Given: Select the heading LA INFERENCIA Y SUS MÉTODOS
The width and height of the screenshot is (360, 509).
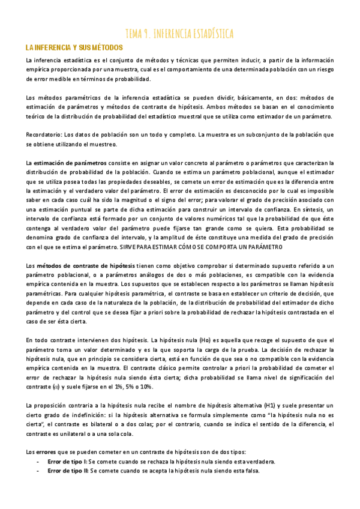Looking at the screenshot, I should pyautogui.click(x=74, y=47).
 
